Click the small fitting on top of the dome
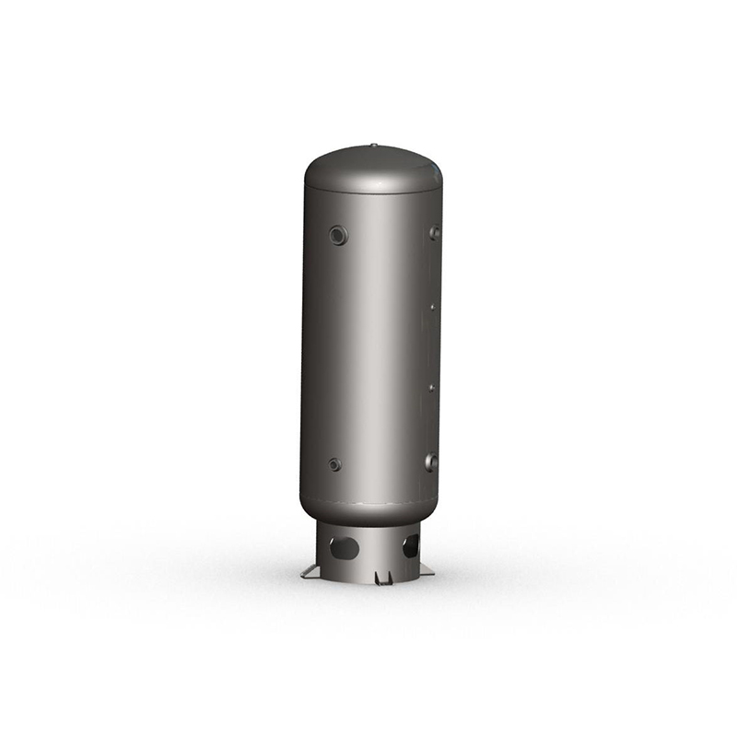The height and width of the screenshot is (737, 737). [x=374, y=145]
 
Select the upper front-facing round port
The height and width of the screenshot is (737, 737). [x=339, y=236]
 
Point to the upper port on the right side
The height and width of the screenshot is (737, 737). [x=434, y=233]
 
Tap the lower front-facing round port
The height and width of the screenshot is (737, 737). [x=334, y=464]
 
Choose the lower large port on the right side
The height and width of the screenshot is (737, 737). [x=431, y=462]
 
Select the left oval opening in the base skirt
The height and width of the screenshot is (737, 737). [x=345, y=548]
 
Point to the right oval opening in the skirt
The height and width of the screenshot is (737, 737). [x=411, y=546]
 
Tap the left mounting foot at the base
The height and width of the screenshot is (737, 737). [x=310, y=573]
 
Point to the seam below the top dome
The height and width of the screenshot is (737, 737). [x=368, y=192]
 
